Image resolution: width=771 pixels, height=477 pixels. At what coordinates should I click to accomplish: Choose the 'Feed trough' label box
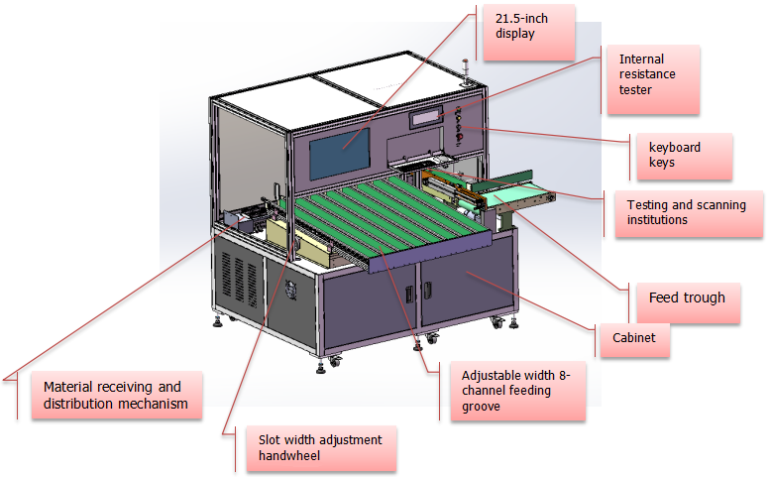(686, 298)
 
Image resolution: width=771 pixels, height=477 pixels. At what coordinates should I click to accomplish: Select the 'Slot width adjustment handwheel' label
(312, 449)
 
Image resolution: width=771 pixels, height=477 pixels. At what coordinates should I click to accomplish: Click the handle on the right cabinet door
(430, 289)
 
